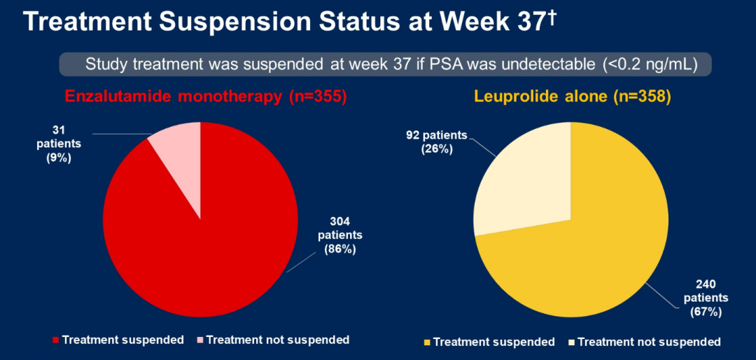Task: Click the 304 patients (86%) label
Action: click(340, 235)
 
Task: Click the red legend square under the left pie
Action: click(57, 340)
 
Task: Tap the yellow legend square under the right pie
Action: click(428, 342)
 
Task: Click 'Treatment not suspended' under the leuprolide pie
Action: click(648, 342)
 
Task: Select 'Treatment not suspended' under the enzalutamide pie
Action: click(277, 340)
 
